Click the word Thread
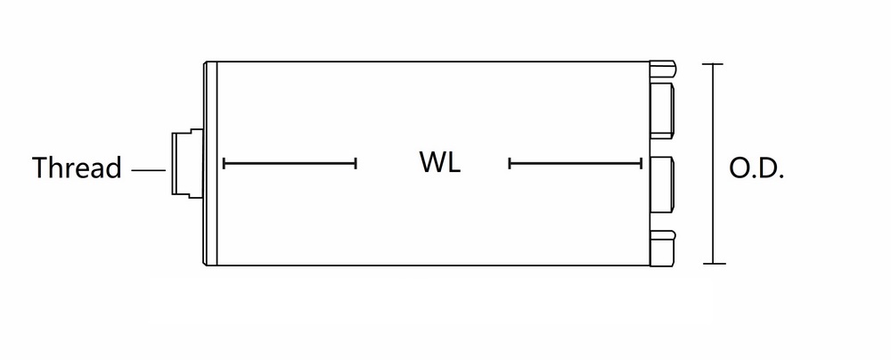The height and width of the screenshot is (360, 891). click(x=77, y=168)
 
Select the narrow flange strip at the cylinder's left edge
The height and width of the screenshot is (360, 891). click(x=210, y=163)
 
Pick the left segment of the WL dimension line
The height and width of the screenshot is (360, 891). click(x=290, y=163)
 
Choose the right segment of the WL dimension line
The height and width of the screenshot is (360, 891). click(x=576, y=163)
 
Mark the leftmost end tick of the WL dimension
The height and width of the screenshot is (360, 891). click(x=225, y=163)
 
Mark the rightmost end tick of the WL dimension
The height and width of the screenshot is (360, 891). click(x=642, y=163)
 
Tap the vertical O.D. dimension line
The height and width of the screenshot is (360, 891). click(x=712, y=164)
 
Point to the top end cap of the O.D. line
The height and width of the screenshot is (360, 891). click(x=712, y=64)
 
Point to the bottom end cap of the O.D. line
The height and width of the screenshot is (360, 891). click(x=712, y=264)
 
